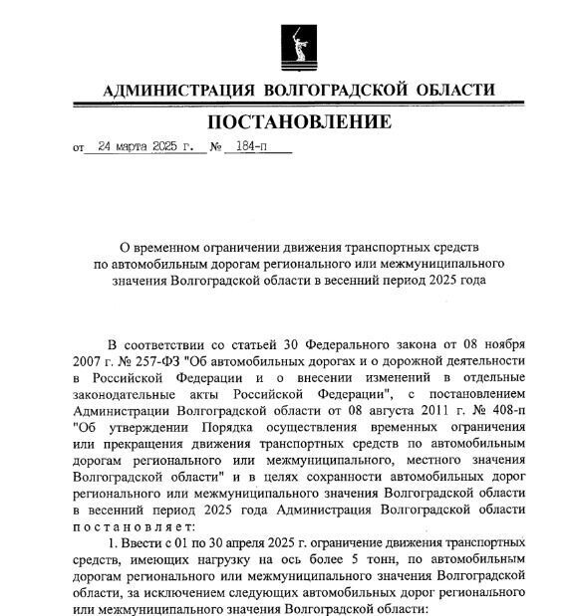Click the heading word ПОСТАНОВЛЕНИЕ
coord(300,122)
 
